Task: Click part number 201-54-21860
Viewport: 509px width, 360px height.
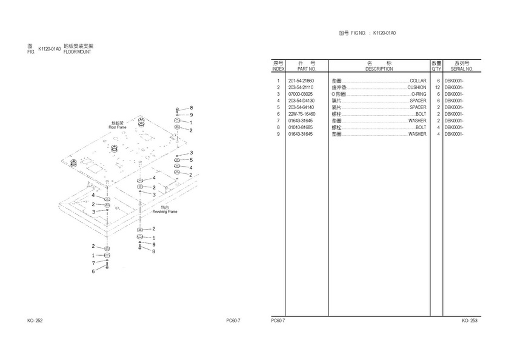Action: (x=301, y=81)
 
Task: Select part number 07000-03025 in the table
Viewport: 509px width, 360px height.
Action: (x=301, y=94)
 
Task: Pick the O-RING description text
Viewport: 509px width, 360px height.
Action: (x=419, y=94)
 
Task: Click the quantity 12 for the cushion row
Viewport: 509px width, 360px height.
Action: (x=436, y=87)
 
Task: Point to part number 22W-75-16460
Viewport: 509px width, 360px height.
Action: (x=301, y=114)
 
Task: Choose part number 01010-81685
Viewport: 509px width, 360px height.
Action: (x=301, y=127)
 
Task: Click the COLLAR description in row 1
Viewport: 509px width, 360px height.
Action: (x=418, y=81)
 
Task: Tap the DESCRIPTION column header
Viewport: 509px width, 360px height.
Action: (x=379, y=69)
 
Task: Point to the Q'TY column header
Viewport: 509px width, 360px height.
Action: (x=436, y=69)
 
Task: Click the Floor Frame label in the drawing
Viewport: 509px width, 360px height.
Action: (x=117, y=127)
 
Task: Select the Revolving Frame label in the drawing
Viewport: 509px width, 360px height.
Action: (x=164, y=212)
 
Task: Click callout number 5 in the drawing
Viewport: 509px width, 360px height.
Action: (x=191, y=160)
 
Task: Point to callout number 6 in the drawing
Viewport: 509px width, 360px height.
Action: (x=93, y=271)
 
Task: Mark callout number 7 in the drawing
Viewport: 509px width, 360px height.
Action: (x=93, y=263)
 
